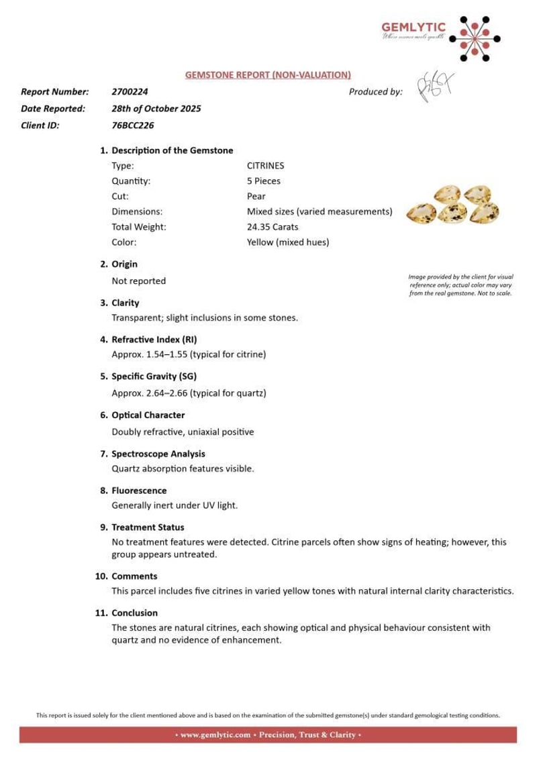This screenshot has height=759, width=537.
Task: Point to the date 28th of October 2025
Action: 156,108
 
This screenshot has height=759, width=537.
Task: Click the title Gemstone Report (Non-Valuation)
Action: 268,74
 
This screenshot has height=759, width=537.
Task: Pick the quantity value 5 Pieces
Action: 264,181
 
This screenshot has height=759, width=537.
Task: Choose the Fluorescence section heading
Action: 139,491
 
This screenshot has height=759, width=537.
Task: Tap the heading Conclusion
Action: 135,613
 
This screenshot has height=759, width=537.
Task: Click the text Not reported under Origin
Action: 138,281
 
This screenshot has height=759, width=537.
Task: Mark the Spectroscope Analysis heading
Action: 158,454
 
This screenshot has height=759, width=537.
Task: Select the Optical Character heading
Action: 148,415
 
